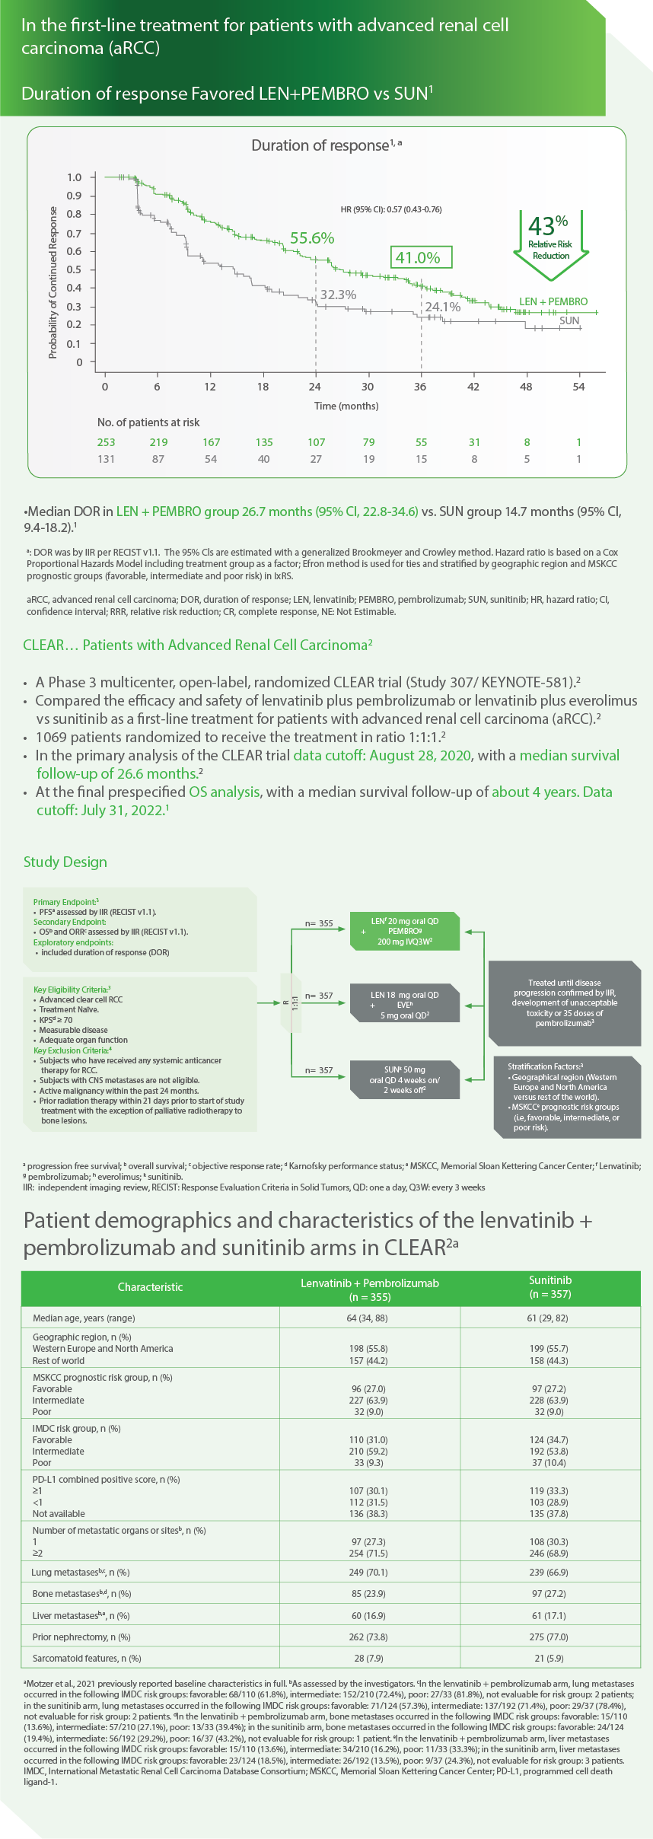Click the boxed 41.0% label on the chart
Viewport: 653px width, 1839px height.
421,257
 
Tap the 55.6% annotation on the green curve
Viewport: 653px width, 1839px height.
312,238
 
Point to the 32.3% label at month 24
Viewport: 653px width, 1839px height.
338,295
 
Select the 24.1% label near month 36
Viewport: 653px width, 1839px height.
442,307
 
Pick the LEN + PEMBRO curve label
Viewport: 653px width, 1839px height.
553,301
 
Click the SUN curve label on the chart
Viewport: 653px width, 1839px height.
569,320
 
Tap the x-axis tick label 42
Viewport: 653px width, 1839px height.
473,387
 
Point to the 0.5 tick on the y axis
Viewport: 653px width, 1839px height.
74,269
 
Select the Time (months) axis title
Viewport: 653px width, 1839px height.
346,406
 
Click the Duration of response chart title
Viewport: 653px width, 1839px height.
326,145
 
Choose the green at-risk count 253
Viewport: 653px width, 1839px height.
107,442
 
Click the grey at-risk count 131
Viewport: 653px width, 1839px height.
107,459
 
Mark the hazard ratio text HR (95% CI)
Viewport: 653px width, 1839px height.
391,209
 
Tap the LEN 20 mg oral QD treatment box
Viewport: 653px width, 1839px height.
405,931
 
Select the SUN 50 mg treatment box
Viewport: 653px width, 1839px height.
405,1079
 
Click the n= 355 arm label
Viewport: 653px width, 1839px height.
319,923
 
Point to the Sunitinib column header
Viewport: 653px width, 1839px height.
550,1286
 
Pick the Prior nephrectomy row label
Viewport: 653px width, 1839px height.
81,1637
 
